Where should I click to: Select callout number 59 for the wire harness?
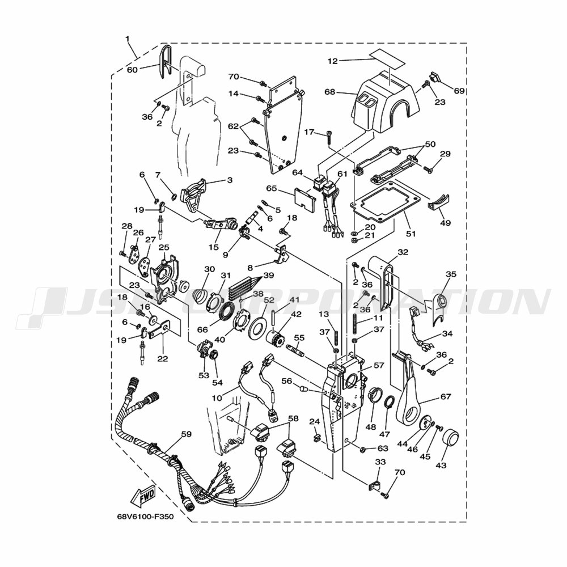[x=186, y=434]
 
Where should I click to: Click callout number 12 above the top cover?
[x=333, y=61]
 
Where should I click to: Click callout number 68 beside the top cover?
[x=330, y=92]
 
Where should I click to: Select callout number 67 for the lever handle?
[x=446, y=396]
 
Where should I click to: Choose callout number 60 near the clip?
[x=132, y=69]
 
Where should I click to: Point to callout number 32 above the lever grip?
[x=403, y=252]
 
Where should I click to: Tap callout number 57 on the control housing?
[x=379, y=365]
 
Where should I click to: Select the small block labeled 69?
[x=436, y=77]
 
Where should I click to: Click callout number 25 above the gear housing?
[x=164, y=247]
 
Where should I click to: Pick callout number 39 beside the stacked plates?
[x=269, y=276]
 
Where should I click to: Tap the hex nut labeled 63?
[x=362, y=450]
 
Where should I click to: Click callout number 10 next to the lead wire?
[x=217, y=398]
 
